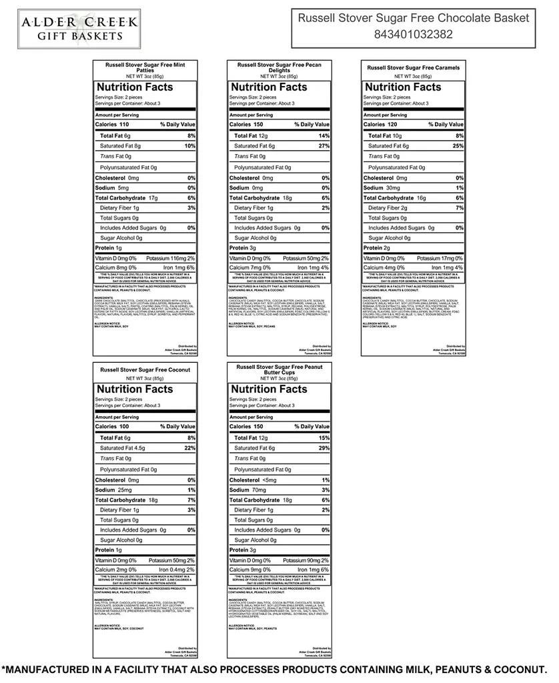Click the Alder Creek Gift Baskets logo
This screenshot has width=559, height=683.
pos(79,28)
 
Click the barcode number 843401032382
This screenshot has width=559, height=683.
pos(414,35)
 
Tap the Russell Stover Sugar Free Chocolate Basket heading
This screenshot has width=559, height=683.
pos(414,18)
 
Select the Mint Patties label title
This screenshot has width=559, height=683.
pos(145,67)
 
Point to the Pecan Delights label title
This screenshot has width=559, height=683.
pos(279,67)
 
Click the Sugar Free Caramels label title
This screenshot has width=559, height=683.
pos(413,67)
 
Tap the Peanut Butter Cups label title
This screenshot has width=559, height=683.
pos(279,370)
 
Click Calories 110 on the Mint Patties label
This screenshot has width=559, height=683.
pos(112,125)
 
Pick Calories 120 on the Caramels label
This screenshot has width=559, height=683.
pos(380,125)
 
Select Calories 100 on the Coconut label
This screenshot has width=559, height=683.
pos(112,426)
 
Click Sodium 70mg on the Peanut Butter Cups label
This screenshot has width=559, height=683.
pos(250,490)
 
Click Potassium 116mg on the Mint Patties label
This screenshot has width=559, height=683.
pos(171,258)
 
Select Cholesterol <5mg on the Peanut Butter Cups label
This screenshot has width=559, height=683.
pos(253,480)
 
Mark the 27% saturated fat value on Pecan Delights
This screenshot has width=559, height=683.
pos(324,146)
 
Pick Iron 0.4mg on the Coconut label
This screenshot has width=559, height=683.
pos(175,570)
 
